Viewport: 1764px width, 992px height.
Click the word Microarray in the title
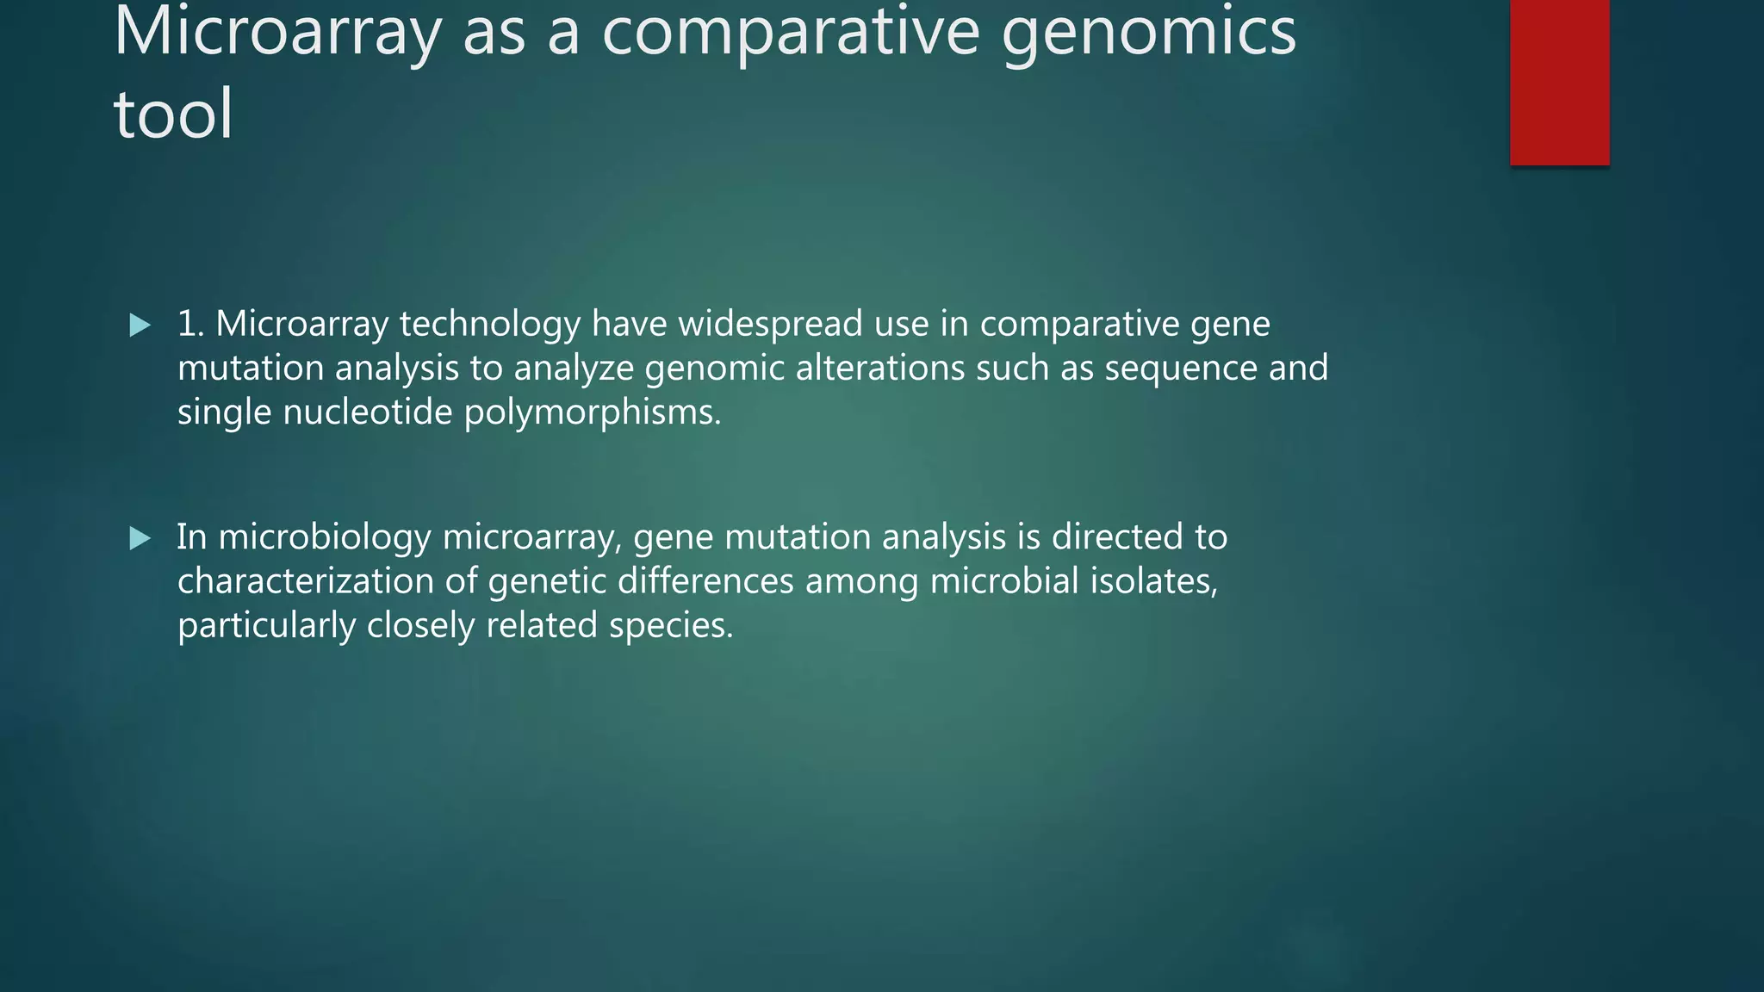pyautogui.click(x=276, y=33)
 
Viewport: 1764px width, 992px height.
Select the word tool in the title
pyautogui.click(x=173, y=114)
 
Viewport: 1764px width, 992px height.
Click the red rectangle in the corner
pyautogui.click(x=1559, y=82)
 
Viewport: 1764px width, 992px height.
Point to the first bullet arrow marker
pyautogui.click(x=140, y=325)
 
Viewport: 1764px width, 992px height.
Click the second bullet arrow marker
pyautogui.click(x=140, y=539)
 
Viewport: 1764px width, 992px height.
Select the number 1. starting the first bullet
pyautogui.click(x=190, y=324)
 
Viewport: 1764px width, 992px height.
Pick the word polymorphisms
pyautogui.click(x=592, y=412)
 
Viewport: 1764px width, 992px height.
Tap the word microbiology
pyautogui.click(x=325, y=537)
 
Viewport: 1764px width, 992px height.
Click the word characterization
pyautogui.click(x=305, y=581)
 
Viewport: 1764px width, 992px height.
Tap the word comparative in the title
pyautogui.click(x=791, y=33)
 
